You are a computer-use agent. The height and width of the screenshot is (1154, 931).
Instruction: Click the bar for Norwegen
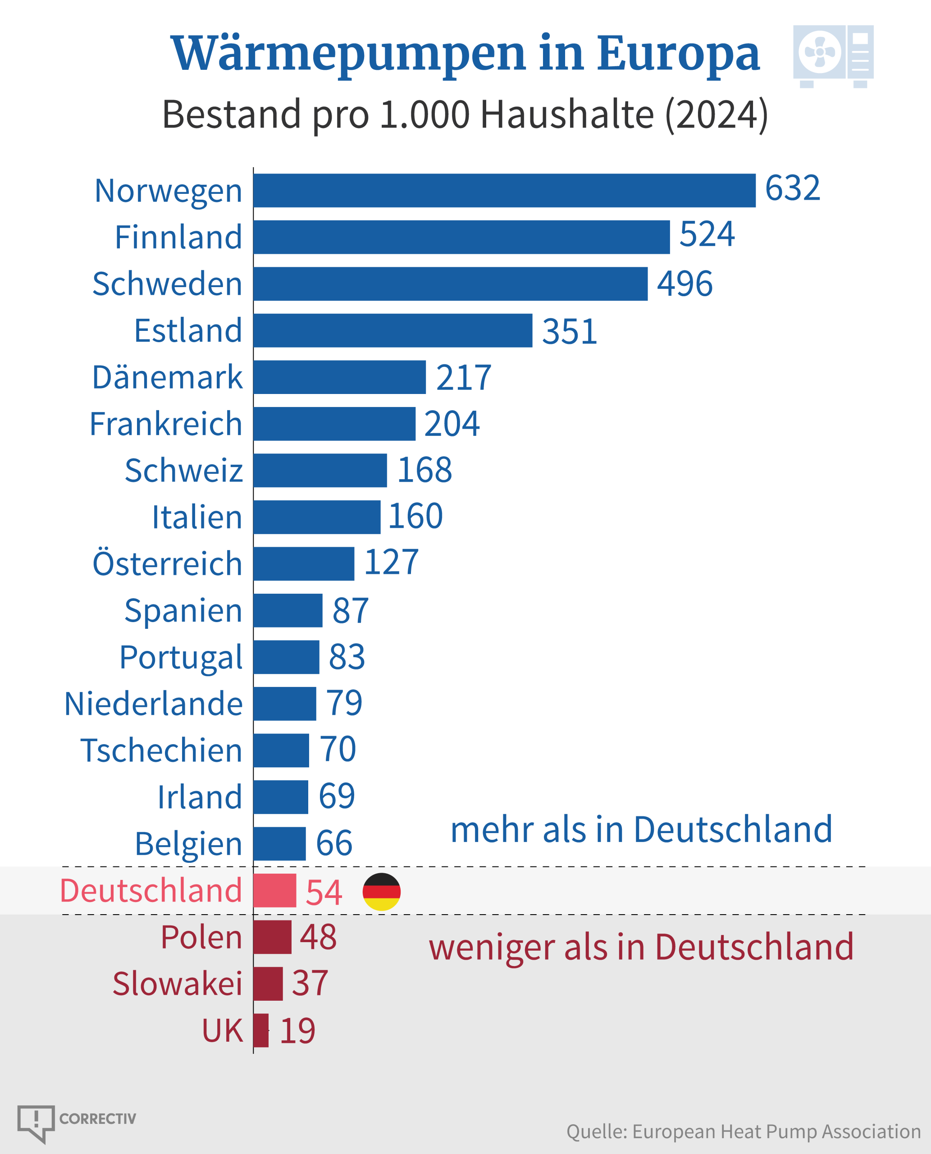click(504, 191)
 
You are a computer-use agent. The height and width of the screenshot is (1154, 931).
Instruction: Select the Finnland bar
click(461, 237)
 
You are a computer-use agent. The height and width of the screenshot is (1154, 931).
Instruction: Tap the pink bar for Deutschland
click(274, 891)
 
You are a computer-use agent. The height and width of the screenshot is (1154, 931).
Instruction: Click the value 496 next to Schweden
click(685, 284)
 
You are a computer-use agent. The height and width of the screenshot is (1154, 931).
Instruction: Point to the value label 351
click(570, 331)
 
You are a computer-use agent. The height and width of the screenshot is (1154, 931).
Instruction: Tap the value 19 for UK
click(298, 1030)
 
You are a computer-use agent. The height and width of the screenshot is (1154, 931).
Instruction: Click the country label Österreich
click(167, 564)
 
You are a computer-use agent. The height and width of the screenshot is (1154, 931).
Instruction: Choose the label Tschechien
click(161, 750)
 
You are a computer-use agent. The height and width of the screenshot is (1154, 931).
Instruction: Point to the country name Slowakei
click(178, 984)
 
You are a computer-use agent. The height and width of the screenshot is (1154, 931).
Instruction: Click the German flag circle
click(381, 892)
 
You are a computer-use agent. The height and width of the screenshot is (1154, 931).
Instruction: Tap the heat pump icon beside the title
click(833, 56)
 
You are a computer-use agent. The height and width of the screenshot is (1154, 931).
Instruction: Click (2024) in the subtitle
click(716, 114)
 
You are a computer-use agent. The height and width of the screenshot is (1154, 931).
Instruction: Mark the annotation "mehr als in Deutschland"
click(641, 829)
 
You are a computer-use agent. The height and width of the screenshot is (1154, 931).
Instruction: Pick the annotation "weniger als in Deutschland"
click(641, 947)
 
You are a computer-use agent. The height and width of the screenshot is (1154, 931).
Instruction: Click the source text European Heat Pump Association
click(776, 1131)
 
